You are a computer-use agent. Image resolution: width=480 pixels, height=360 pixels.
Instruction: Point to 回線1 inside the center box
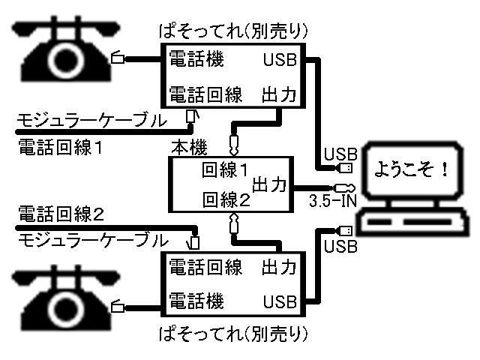coord(225,170)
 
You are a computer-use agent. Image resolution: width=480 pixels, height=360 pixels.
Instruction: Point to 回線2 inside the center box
coord(225,199)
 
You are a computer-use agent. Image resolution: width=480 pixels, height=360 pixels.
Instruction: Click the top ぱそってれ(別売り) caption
coord(235,32)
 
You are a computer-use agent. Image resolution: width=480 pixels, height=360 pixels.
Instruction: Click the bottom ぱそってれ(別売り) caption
coord(235,331)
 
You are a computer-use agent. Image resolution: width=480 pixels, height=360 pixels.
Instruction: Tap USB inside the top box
coord(280,60)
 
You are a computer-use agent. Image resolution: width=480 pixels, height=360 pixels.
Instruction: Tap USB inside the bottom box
coord(280,301)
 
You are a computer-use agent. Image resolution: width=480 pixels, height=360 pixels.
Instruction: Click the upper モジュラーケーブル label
coord(91,119)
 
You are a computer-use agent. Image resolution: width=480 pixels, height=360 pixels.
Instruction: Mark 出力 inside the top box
coord(279,94)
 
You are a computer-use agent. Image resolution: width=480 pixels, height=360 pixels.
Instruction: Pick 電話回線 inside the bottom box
coord(204,267)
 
